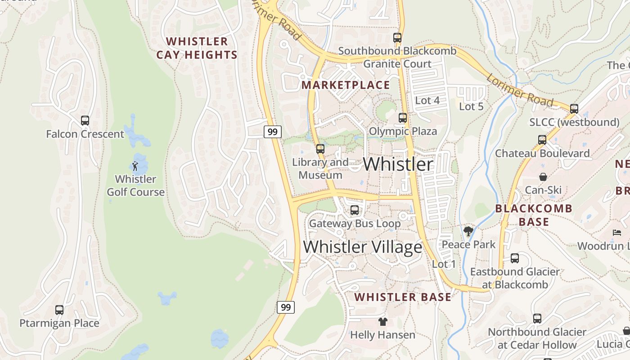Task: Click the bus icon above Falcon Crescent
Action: coord(85,121)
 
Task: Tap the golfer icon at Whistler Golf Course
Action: coord(135,166)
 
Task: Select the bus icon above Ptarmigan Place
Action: coord(59,310)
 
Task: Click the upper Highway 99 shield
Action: coord(272,132)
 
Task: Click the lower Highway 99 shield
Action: coord(285,307)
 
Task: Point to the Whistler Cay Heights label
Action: coord(197,48)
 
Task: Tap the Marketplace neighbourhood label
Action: coord(346,85)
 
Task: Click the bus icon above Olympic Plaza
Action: coord(403,118)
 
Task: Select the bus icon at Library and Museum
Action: coord(320,148)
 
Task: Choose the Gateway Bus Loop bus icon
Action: coord(355,210)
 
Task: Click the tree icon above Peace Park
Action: coord(468,231)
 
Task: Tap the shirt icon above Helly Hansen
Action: coord(382,322)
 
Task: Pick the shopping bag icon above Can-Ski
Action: coord(543,177)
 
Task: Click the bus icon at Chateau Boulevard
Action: coord(542,140)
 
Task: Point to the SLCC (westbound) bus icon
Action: coord(574,109)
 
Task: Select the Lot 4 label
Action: coord(427,100)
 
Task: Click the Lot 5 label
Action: coord(471,107)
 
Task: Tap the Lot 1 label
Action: coord(444,264)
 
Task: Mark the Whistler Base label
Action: coord(403,297)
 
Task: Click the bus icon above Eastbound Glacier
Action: coord(515,258)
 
